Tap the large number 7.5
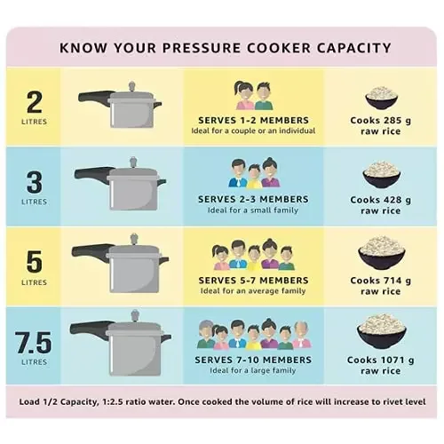pos(35,337)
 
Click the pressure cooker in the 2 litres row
pos(124,108)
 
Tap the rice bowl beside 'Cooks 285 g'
pos(381,97)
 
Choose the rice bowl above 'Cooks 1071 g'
pos(381,328)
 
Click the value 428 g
pos(393,200)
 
